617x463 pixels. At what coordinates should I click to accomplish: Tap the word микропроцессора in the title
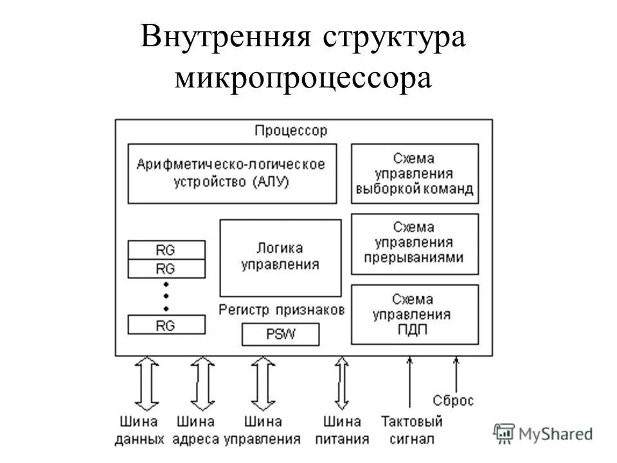[301, 78]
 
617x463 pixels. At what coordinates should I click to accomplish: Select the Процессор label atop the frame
[291, 131]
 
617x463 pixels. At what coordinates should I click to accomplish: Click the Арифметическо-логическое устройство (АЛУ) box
[231, 173]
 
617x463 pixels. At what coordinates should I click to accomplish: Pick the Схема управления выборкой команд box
[415, 173]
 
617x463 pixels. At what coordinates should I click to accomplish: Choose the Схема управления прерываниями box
[415, 244]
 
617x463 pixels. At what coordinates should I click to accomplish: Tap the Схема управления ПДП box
[415, 314]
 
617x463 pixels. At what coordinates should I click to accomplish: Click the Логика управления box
[280, 257]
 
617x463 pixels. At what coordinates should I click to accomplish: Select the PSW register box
[280, 334]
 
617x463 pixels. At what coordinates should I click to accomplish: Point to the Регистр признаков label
[282, 309]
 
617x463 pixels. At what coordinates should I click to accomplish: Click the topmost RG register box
[166, 250]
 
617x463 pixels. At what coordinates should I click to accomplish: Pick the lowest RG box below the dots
[166, 325]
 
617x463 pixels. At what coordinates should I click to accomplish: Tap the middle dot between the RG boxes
[166, 296]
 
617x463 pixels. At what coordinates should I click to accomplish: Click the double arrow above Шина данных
[147, 384]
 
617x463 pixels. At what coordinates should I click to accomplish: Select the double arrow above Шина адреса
[204, 384]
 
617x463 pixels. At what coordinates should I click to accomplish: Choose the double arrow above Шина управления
[263, 384]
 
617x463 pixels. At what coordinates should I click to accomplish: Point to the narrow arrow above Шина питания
[341, 384]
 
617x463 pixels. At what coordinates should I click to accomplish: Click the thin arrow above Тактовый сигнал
[409, 384]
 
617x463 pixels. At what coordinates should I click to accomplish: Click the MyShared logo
[543, 433]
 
